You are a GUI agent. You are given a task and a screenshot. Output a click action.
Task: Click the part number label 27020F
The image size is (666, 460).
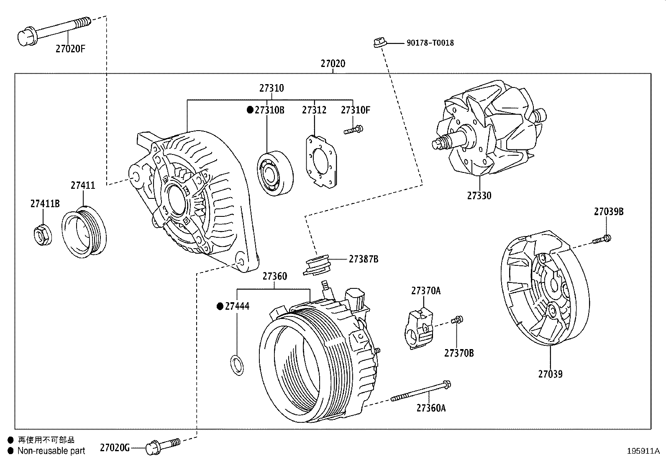(x=70, y=49)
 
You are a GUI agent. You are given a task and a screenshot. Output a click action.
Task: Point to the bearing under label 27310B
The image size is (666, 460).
(x=275, y=172)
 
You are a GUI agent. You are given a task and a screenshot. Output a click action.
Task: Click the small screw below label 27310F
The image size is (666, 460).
(x=353, y=130)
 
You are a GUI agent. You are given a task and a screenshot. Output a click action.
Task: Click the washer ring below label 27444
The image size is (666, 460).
(x=237, y=364)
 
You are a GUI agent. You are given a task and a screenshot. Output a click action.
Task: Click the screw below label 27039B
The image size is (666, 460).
(x=602, y=239)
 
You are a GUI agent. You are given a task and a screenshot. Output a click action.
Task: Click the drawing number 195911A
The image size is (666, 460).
(x=643, y=451)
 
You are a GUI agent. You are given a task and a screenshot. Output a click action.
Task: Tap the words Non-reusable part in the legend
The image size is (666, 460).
(x=51, y=451)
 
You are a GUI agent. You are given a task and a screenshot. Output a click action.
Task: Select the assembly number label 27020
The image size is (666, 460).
(x=333, y=64)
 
